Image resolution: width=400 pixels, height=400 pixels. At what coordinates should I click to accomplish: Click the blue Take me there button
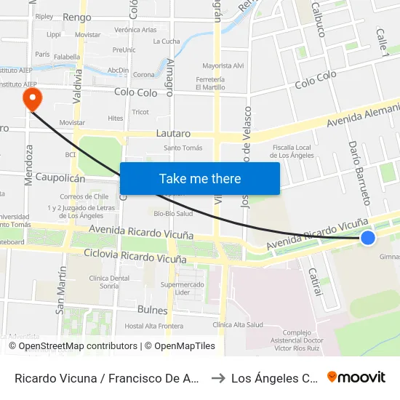(x=200, y=178)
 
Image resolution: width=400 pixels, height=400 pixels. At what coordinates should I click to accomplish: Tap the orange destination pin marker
(x=32, y=99)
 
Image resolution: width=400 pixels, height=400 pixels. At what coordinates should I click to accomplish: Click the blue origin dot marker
(x=368, y=236)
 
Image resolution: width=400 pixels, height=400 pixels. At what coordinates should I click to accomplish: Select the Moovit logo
(x=356, y=377)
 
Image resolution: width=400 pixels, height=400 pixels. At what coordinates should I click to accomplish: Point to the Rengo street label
(x=77, y=17)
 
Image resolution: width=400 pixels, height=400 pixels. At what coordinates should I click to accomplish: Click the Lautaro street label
(x=173, y=134)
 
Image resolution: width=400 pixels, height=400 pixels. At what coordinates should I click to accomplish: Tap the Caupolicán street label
(x=61, y=178)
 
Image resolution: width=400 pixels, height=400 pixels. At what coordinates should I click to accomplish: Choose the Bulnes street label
(x=152, y=310)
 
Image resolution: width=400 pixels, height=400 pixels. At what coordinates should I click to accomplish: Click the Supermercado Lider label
(x=183, y=288)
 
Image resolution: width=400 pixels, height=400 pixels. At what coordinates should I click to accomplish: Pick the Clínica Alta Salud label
(x=238, y=324)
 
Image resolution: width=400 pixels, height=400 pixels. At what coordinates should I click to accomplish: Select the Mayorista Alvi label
(x=223, y=65)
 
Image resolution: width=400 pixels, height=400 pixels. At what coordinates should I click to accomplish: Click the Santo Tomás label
(x=183, y=148)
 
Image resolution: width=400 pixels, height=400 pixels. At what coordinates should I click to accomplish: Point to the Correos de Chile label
(x=84, y=196)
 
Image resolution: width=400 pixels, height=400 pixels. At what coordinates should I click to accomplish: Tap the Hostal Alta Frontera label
(x=154, y=326)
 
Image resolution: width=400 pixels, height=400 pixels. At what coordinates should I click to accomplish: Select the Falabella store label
(x=67, y=56)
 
